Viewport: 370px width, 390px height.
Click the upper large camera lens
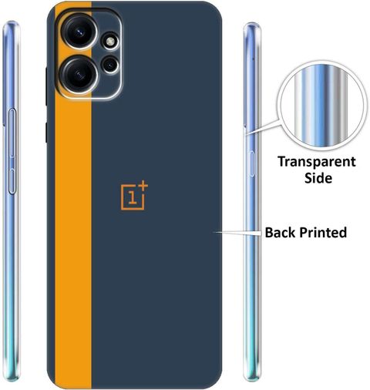point(80,32)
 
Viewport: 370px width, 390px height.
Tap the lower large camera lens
point(79,74)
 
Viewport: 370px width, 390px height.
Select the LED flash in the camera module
point(110,42)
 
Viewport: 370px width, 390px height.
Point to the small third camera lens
point(110,65)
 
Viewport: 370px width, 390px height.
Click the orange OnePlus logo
point(134,196)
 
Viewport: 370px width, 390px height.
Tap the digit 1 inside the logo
point(132,197)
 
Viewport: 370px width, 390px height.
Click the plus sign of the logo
point(143,187)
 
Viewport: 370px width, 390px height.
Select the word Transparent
point(317,162)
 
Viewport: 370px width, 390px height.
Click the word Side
point(318,178)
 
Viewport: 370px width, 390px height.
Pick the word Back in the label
point(281,232)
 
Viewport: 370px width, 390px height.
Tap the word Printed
point(323,233)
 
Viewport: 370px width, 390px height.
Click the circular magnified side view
point(321,106)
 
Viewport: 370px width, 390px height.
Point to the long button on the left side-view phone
point(12,133)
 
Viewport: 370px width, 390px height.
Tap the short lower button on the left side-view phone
point(12,181)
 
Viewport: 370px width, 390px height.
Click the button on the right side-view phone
point(251,164)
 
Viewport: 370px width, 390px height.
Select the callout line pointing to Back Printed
point(238,232)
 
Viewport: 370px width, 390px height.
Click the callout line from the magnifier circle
point(263,126)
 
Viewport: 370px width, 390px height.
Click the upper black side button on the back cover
point(46,86)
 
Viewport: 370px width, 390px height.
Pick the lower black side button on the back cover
point(46,133)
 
